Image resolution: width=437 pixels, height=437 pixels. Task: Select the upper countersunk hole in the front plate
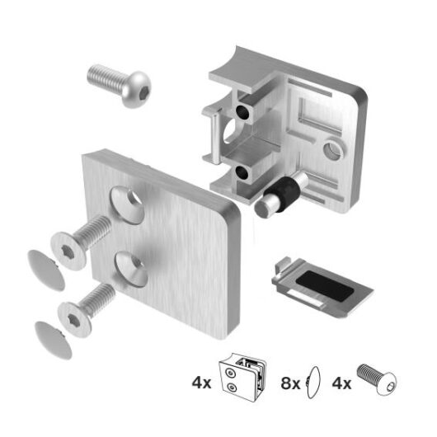[x=129, y=203]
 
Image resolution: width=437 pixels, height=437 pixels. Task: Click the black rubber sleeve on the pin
[x=284, y=191]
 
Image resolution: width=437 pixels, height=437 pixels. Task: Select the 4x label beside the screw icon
[x=341, y=383]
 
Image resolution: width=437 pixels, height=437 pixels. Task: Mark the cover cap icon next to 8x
[x=312, y=382]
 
